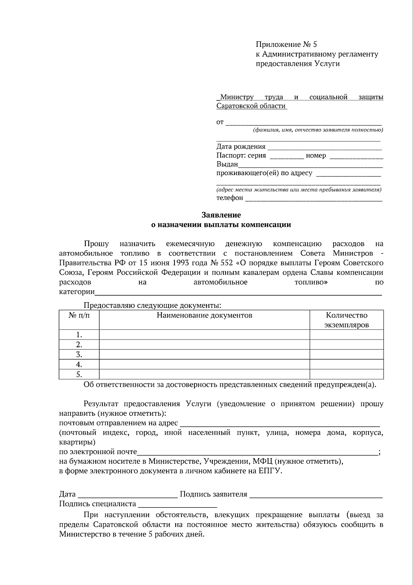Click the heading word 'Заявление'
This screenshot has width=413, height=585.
click(x=221, y=215)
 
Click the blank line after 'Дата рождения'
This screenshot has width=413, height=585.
click(x=324, y=148)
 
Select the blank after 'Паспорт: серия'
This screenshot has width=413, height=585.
click(x=286, y=156)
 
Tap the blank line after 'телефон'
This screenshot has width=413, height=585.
click(x=313, y=199)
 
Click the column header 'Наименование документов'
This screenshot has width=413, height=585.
click(x=204, y=315)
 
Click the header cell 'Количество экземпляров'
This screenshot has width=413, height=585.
click(x=347, y=320)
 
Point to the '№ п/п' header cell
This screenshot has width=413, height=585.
click(x=79, y=315)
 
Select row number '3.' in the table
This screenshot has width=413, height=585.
click(x=79, y=354)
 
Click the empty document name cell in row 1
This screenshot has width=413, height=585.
click(x=204, y=335)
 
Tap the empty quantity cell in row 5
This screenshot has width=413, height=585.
click(x=347, y=374)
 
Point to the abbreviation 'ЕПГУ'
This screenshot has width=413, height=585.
click(x=270, y=471)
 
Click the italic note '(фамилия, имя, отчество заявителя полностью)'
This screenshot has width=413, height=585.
click(x=318, y=130)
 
